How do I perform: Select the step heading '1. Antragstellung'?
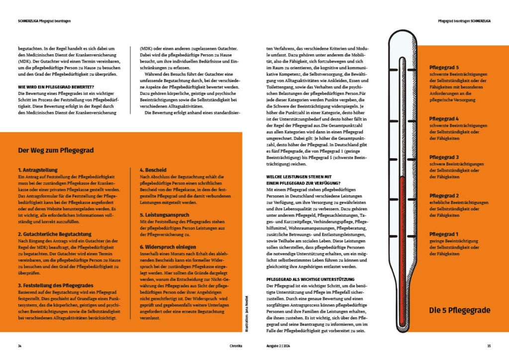pos(38,170)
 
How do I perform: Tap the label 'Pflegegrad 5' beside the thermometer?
pos(444,67)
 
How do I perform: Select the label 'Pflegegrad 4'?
pos(444,119)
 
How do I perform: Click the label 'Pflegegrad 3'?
pos(444,157)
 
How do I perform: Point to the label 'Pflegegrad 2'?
pos(444,195)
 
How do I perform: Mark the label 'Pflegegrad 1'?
pos(444,234)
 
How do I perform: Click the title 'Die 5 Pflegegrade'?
pos(460,310)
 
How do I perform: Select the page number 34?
pos(19,346)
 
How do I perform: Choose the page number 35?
pos(489,346)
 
